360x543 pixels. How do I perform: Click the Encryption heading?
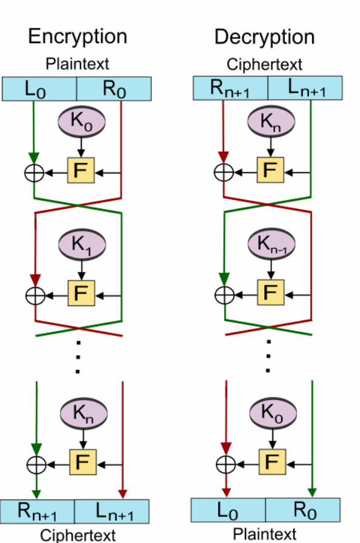coord(78,37)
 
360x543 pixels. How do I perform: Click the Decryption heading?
coord(264,37)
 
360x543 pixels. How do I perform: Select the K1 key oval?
coord(82,244)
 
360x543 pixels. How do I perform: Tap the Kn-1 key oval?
coord(272,244)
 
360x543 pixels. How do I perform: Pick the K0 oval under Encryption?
coord(81,122)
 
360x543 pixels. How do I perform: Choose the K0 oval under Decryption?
coord(273,413)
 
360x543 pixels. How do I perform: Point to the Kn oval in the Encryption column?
coord(84,413)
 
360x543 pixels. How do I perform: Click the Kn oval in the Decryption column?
coord(271,121)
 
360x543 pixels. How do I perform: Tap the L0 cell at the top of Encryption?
coord(39,89)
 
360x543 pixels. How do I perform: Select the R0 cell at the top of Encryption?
coord(114,89)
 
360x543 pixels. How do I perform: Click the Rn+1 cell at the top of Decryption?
coord(230,88)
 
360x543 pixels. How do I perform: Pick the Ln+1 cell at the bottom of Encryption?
coord(112,511)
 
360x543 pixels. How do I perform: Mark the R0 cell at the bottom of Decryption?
coord(303,510)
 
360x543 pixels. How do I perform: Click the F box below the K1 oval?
coord(81,293)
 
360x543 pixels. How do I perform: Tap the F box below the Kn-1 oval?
coord(271,292)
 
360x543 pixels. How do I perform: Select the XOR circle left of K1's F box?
coord(35,296)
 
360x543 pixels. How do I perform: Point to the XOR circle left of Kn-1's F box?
coord(225,295)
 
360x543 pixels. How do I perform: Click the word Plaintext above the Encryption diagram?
coord(77,64)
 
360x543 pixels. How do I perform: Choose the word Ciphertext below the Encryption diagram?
coord(78,535)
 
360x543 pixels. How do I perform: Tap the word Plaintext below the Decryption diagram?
coord(265,534)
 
